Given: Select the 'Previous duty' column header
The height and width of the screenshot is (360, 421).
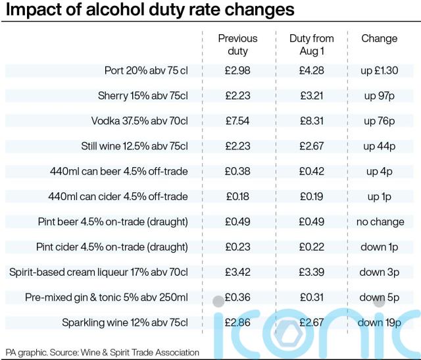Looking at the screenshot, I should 237,45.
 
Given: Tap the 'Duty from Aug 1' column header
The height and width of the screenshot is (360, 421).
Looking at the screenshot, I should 311,45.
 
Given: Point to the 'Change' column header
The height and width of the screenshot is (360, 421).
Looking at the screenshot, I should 379,39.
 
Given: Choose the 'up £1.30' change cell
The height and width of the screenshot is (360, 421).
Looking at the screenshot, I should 379,71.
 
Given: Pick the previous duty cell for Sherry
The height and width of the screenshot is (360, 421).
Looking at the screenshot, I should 237,96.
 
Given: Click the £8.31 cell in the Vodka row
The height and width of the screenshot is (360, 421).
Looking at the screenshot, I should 311,121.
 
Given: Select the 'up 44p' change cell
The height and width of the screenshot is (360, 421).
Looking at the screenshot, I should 379,146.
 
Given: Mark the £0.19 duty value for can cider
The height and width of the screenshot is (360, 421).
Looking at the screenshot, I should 311,197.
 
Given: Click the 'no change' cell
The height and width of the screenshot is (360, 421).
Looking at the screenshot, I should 380,222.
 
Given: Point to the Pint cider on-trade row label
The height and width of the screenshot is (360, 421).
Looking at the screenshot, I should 112,247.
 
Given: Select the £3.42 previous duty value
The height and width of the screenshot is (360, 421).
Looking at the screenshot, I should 237,272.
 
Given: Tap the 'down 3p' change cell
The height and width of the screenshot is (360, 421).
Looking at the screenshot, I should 379,272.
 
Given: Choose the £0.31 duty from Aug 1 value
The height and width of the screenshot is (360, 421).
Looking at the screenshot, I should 311,297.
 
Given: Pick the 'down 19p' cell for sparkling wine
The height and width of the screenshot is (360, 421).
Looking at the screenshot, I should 379,322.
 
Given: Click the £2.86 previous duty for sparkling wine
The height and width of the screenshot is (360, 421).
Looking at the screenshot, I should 237,322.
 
